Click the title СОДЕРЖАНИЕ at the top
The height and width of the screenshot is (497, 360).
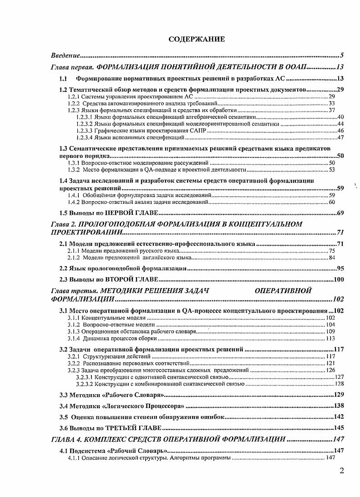pos(196,39)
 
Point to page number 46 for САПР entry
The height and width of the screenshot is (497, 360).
pos(340,131)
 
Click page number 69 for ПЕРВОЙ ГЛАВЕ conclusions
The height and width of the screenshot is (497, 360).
pos(339,213)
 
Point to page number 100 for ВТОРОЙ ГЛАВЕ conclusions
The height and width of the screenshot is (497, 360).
pos(338,279)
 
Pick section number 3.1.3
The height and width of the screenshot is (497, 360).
pos(74,331)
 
